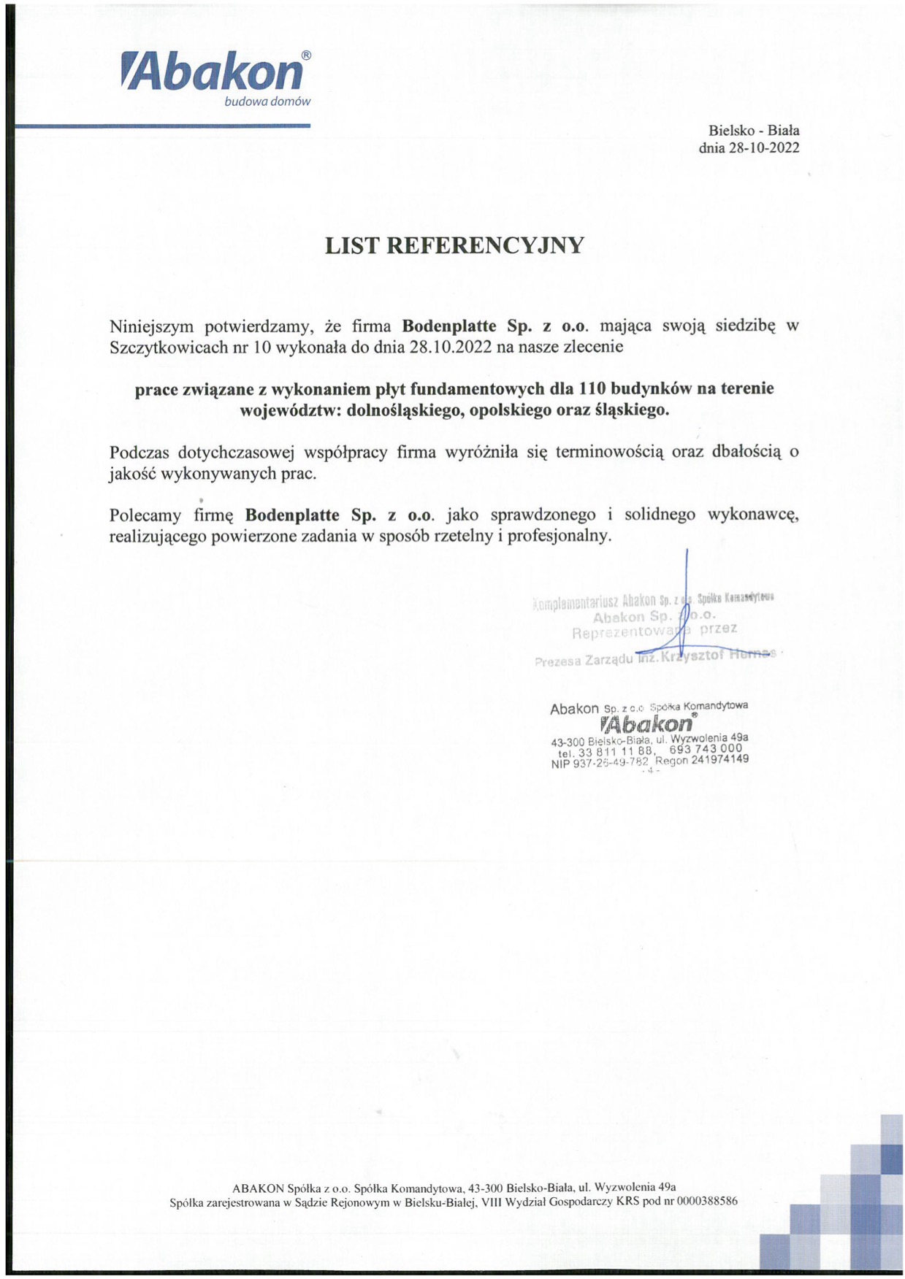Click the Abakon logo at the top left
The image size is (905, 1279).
(x=212, y=73)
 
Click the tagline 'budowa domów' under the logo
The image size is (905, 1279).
(x=267, y=102)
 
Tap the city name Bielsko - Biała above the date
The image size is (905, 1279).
(x=753, y=131)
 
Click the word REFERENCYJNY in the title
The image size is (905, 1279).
(x=484, y=245)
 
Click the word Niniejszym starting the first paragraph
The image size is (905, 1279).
(x=150, y=326)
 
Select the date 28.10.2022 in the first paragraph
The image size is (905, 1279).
(x=451, y=347)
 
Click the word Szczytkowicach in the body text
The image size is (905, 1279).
(x=169, y=347)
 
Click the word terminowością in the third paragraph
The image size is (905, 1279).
(x=608, y=452)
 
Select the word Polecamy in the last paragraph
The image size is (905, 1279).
(x=145, y=515)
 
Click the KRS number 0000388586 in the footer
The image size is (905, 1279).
(x=706, y=1201)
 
